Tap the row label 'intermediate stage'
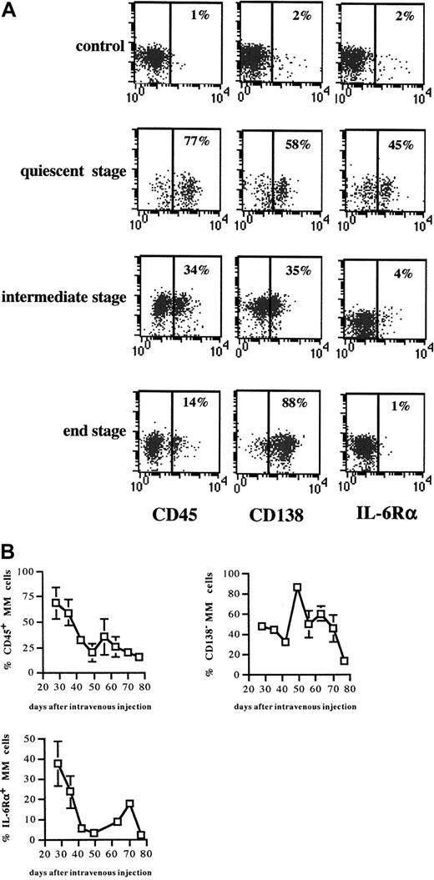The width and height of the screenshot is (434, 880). point(67,297)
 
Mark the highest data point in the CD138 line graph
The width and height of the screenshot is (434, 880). point(296,587)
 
